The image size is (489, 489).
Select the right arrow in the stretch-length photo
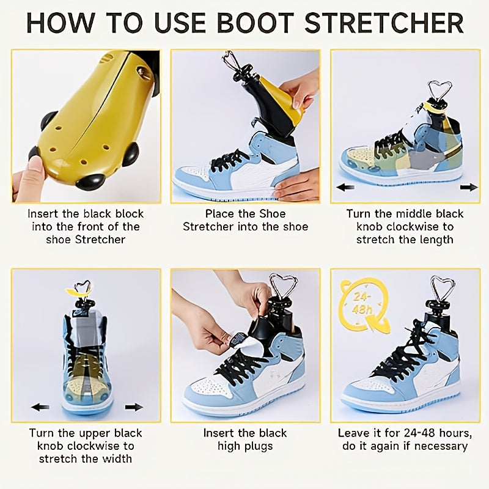(469, 187)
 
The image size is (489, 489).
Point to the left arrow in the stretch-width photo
(40, 406)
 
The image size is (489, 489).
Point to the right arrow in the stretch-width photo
(134, 406)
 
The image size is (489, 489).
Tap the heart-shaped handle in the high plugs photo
(283, 286)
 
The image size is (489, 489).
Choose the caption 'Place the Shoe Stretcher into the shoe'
(245, 220)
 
